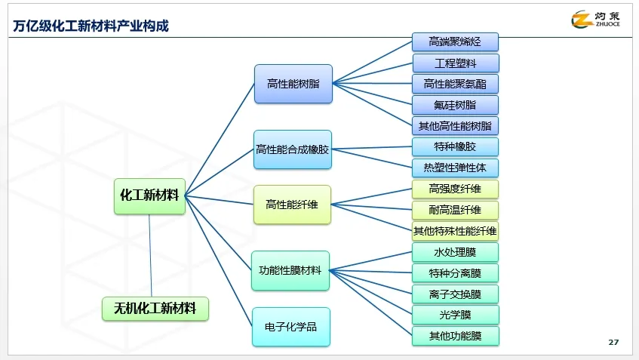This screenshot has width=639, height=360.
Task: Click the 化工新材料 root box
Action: pos(149,195)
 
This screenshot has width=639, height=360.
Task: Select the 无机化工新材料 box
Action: pos(155,309)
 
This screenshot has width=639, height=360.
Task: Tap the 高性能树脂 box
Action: pos(293,84)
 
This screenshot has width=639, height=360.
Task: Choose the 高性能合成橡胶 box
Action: pos(293,149)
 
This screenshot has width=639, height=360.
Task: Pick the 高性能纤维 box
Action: pos(293,205)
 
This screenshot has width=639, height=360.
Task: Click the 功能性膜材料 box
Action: pos(290,270)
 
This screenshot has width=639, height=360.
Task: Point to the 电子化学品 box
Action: pos(290,327)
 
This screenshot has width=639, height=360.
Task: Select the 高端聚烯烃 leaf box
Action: pos(455,42)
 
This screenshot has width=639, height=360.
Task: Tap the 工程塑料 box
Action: pos(455,63)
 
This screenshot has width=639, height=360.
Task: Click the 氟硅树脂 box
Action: pos(455,105)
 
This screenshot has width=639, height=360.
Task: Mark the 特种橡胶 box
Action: pos(455,146)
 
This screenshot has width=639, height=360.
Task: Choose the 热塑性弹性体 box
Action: pos(455,168)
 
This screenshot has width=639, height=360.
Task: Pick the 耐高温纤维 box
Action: pos(455,210)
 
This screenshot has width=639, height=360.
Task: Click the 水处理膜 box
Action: pos(455,252)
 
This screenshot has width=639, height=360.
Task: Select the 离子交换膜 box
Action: pos(455,294)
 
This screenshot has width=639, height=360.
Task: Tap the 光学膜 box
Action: pos(455,315)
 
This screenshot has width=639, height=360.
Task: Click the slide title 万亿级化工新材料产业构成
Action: pos(91,26)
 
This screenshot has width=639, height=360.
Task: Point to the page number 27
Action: pos(613,343)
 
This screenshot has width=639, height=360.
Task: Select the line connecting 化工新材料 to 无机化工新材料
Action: pos(150,257)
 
